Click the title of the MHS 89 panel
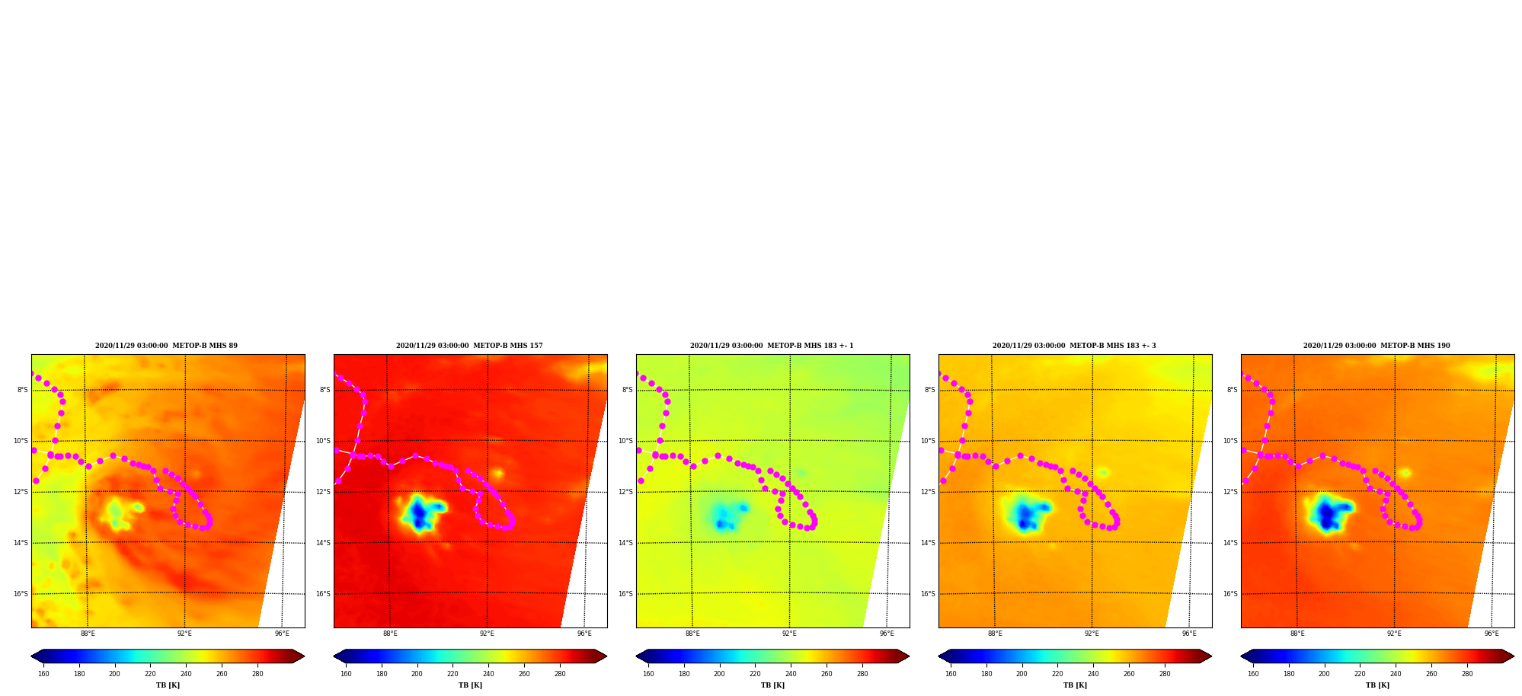pyautogui.click(x=166, y=346)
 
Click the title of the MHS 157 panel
pyautogui.click(x=469, y=346)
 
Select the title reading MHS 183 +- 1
pyautogui.click(x=772, y=346)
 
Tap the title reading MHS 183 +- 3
pyautogui.click(x=1074, y=346)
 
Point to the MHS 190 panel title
pyautogui.click(x=1377, y=346)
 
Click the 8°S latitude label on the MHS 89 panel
pyautogui.click(x=23, y=390)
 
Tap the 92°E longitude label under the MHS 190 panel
pyautogui.click(x=1394, y=634)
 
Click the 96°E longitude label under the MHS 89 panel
pyautogui.click(x=282, y=634)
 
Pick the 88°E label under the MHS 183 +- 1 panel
pyautogui.click(x=692, y=634)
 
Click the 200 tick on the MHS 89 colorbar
pyautogui.click(x=114, y=673)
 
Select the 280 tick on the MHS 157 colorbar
pyautogui.click(x=560, y=673)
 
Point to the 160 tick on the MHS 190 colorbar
pyautogui.click(x=1253, y=673)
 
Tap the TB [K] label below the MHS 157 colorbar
pyautogui.click(x=470, y=685)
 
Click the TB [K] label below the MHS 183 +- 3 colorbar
pyautogui.click(x=1075, y=685)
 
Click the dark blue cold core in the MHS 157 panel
pyautogui.click(x=418, y=515)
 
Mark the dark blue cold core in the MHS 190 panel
pyautogui.click(x=1328, y=516)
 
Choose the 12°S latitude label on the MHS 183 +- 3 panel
pyautogui.click(x=927, y=492)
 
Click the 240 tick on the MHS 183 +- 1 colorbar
pyautogui.click(x=791, y=673)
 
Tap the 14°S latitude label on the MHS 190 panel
pyautogui.click(x=1229, y=543)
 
